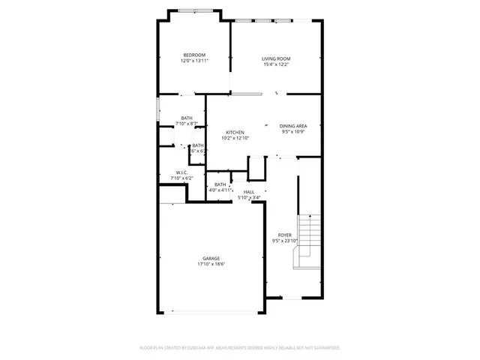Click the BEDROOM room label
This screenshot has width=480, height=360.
193,55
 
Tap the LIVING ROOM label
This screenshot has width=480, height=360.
276,58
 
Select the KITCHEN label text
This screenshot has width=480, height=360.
235,132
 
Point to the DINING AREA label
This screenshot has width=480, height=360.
292,126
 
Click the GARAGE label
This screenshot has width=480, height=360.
211,259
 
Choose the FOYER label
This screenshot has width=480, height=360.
284,235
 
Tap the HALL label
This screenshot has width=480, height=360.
249,192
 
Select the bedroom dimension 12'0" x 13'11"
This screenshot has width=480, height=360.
193,61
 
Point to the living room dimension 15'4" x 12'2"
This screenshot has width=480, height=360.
276,64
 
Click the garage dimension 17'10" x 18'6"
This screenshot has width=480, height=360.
211,265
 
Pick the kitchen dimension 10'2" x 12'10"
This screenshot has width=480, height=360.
235,138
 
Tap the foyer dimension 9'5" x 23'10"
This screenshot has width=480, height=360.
284,241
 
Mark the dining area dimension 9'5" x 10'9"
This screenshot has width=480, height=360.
292,132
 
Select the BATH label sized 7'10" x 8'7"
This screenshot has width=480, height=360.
186,117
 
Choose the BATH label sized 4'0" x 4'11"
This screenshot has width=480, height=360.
220,184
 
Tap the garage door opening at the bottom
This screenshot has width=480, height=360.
211,312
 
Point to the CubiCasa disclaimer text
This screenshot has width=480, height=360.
240,348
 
